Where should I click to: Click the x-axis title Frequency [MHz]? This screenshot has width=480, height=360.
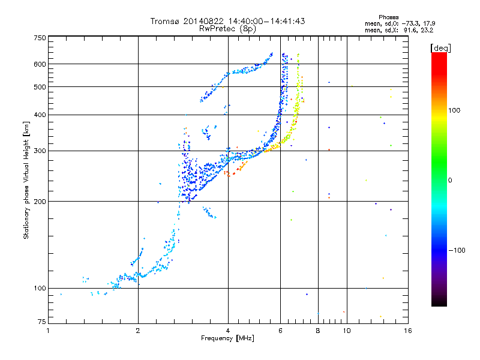pyautogui.click(x=227, y=340)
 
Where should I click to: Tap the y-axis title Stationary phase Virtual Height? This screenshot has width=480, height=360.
pyautogui.click(x=26, y=180)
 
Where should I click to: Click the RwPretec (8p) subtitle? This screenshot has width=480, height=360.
pyautogui.click(x=227, y=28)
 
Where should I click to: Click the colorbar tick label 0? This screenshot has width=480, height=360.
pyautogui.click(x=450, y=180)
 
